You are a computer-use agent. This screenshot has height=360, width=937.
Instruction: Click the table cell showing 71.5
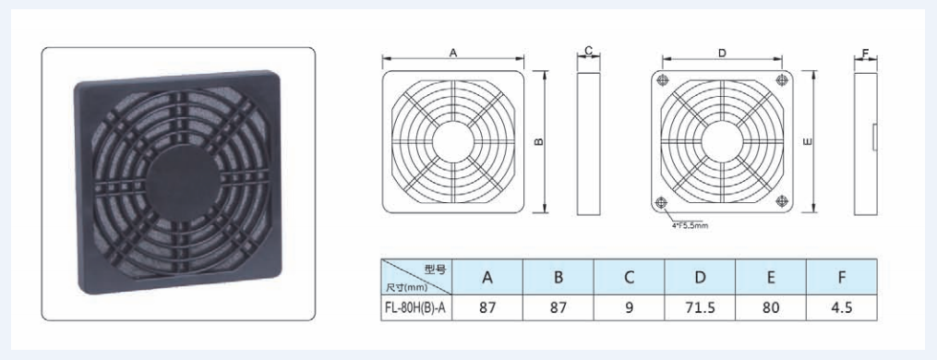pyautogui.click(x=700, y=308)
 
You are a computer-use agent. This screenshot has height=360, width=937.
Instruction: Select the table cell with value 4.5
pyautogui.click(x=841, y=308)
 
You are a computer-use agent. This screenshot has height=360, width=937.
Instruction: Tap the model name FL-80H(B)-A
pyautogui.click(x=416, y=308)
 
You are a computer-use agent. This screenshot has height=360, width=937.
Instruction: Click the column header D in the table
pyautogui.click(x=700, y=277)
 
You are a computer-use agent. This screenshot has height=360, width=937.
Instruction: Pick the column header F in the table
pyautogui.click(x=841, y=277)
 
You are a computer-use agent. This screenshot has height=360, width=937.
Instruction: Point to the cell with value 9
pyautogui.click(x=630, y=308)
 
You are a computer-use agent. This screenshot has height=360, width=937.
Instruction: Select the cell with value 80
pyautogui.click(x=771, y=308)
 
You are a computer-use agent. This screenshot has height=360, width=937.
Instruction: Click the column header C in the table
pyautogui.click(x=630, y=277)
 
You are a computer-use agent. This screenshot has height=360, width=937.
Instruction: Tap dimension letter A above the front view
pyautogui.click(x=453, y=54)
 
